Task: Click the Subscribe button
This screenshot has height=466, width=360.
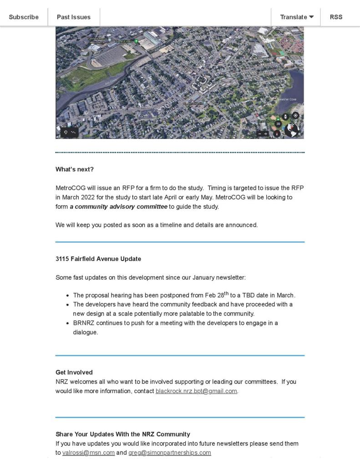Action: point(24,17)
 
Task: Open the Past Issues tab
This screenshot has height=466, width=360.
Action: point(73,17)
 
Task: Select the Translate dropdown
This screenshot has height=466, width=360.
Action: point(297,17)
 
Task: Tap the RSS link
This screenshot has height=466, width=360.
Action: point(336,17)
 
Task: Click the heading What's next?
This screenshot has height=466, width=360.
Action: point(75,169)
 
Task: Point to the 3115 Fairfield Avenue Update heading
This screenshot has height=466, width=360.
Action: point(98,259)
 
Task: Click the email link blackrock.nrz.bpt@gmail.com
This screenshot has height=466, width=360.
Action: point(196,391)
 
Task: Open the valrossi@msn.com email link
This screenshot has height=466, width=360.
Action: point(88,453)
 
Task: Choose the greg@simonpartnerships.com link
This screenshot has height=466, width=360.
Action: point(169,453)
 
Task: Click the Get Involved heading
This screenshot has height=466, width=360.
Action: point(74,372)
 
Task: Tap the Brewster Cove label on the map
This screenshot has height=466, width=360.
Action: point(287,99)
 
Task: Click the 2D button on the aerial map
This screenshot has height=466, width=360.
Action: point(278,123)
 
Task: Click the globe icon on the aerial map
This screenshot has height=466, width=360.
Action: point(292,130)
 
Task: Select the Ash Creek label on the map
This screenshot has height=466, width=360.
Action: point(111,82)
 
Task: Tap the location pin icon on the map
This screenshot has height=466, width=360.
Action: point(66,133)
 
